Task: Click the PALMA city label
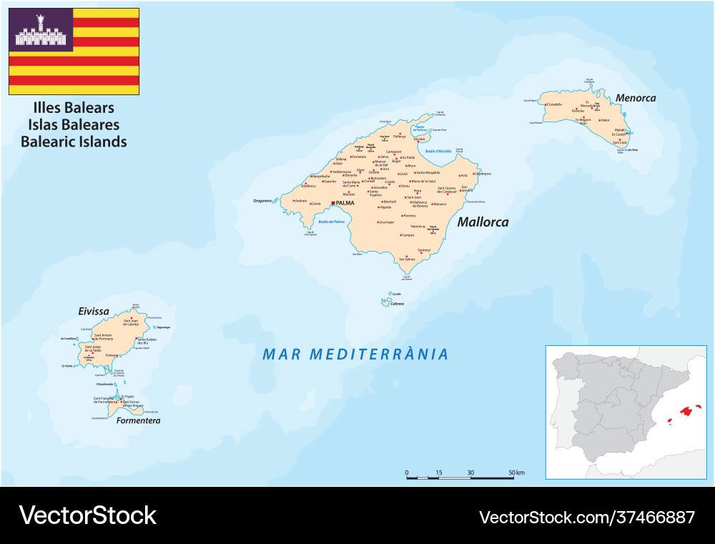(344, 203)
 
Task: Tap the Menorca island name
(635, 98)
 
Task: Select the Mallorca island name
(483, 222)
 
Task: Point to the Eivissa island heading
(93, 311)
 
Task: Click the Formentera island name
(138, 421)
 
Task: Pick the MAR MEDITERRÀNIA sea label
(355, 354)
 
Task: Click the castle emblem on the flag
(40, 29)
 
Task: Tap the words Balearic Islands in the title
(74, 142)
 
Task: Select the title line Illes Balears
(74, 108)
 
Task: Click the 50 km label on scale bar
(516, 473)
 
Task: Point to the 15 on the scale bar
(438, 473)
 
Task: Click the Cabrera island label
(396, 304)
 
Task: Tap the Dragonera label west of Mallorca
(263, 201)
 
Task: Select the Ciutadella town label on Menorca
(554, 104)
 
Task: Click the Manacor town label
(440, 204)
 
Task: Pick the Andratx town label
(301, 201)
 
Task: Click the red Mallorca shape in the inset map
(688, 410)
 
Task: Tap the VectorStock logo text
(87, 515)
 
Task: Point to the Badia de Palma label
(331, 222)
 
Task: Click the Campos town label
(408, 234)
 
